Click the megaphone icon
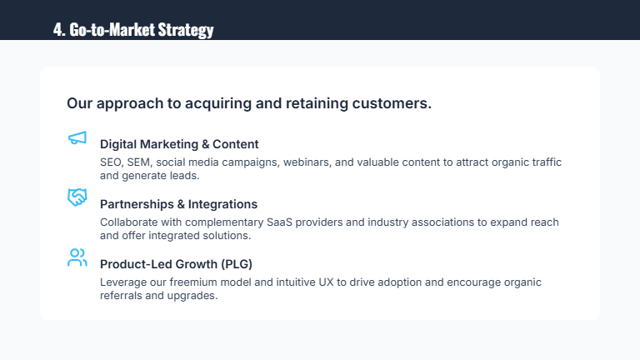tap(77, 138)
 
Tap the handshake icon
tap(77, 197)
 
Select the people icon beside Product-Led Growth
tap(77, 257)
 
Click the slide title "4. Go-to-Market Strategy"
tap(133, 30)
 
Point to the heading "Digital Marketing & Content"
tap(179, 144)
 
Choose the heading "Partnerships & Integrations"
tap(178, 204)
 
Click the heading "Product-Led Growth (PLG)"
tap(176, 264)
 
